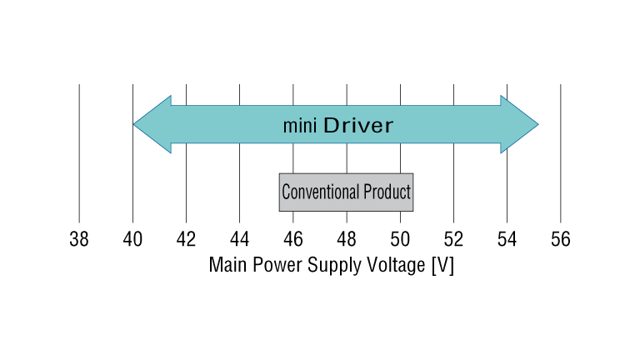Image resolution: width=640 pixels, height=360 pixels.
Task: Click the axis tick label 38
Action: coord(79,240)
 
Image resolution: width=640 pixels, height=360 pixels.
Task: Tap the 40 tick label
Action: coord(132,240)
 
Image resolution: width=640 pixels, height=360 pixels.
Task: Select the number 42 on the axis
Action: coord(186,240)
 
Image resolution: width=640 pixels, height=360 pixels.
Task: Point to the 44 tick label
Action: coord(239,240)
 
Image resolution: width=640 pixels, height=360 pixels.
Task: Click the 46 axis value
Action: coord(293,240)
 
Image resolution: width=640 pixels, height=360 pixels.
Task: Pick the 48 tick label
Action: coord(347,240)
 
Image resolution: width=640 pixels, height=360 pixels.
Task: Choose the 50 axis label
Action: coord(400,240)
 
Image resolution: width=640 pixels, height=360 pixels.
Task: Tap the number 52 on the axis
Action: coord(453,240)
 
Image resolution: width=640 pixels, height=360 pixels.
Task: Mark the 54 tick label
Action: coord(507,240)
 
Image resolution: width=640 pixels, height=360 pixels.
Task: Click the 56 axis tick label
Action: coord(560,240)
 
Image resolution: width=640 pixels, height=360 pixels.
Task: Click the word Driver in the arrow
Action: coord(357,126)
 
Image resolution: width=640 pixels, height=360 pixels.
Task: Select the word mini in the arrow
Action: coord(299,127)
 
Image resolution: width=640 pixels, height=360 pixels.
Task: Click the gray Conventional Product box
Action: coord(346,192)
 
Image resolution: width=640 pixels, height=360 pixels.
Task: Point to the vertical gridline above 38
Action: coord(79,150)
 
